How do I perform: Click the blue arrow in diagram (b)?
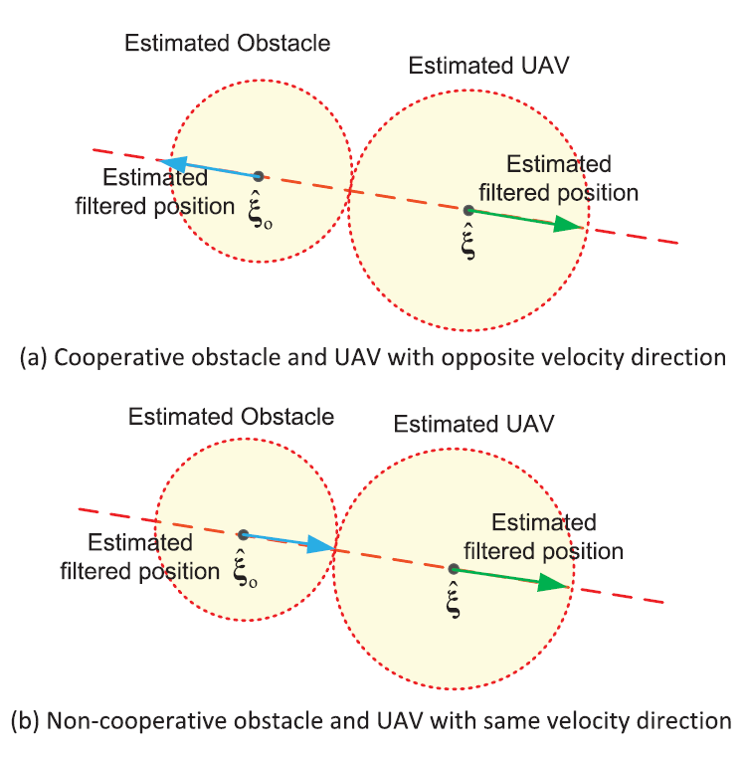288,540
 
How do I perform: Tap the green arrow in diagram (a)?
527,220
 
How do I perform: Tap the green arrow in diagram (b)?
512,577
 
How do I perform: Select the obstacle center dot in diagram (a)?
259,176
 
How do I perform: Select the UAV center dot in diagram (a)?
468,209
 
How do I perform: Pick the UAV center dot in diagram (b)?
454,568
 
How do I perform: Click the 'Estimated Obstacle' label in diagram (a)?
228,43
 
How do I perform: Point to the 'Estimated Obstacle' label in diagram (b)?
232,417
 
